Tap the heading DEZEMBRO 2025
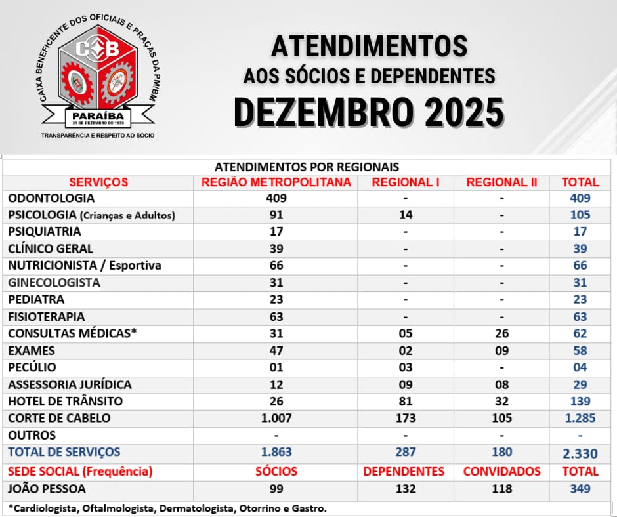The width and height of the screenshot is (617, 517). [369, 112]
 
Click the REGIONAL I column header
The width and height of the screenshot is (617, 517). [406, 182]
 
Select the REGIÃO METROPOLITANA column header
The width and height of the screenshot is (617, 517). [276, 182]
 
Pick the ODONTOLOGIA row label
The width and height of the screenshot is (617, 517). [51, 198]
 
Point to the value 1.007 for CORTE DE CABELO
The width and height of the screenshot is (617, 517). [276, 418]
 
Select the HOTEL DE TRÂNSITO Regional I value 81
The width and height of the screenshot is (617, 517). [406, 401]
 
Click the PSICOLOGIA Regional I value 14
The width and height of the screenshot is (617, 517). [406, 215]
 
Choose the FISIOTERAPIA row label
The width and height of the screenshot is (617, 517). [47, 316]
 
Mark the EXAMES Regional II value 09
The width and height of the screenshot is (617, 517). [502, 350]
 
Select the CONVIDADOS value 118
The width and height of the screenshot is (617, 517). [502, 489]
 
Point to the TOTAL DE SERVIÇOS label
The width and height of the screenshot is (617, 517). [64, 452]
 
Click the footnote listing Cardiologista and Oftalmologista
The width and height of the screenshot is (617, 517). [167, 508]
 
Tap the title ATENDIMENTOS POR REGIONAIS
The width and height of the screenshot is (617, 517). [307, 167]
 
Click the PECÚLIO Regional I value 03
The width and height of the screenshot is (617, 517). [406, 367]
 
